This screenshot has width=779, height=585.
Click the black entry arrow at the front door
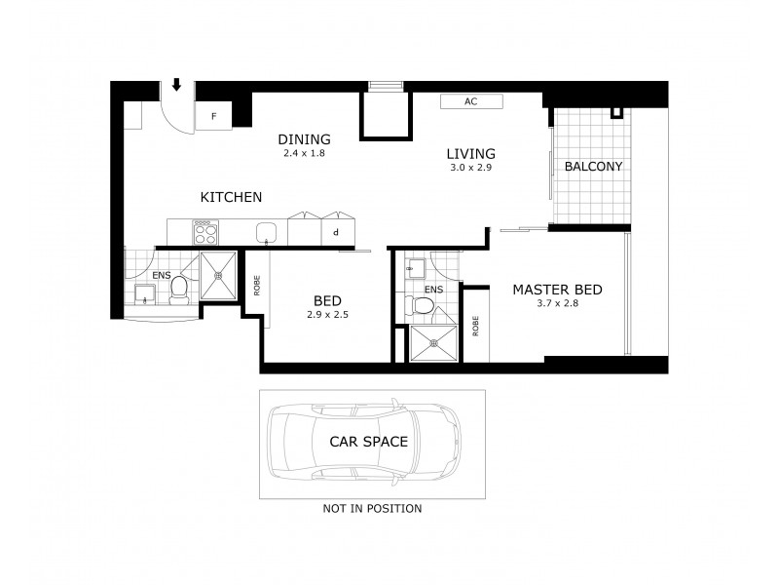click(x=176, y=86)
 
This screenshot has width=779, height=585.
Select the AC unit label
click(x=470, y=101)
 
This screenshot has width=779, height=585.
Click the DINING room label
click(x=304, y=138)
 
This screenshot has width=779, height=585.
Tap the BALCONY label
click(x=593, y=167)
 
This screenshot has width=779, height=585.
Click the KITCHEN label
click(x=231, y=197)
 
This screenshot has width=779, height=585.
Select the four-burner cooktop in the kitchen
click(x=204, y=232)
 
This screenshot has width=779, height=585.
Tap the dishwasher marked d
click(x=336, y=232)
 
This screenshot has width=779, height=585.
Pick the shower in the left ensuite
click(x=219, y=275)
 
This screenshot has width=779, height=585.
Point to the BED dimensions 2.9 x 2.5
click(x=326, y=315)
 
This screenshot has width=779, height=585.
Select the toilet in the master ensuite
click(x=423, y=305)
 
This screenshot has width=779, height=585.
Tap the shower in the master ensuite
click(x=432, y=343)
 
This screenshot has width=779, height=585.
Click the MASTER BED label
click(x=557, y=290)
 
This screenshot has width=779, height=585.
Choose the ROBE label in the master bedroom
click(x=476, y=326)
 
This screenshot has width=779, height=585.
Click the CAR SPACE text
click(x=368, y=442)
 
